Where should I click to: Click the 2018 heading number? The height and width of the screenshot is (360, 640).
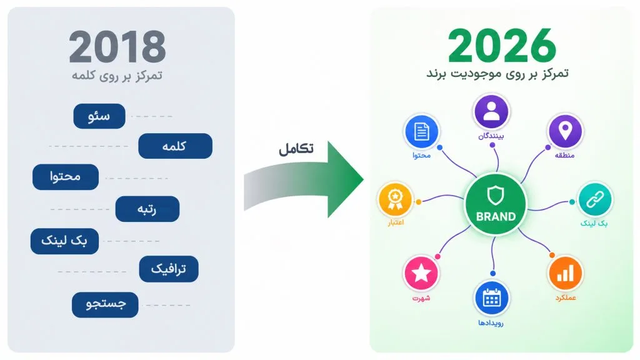(117, 47)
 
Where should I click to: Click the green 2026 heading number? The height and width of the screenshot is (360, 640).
(502, 45)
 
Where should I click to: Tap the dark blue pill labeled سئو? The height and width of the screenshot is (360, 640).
(99, 116)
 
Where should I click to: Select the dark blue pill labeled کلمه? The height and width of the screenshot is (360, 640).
(175, 146)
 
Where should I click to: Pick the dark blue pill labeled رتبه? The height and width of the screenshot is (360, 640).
(147, 209)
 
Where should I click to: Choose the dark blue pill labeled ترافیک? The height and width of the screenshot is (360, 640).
(169, 269)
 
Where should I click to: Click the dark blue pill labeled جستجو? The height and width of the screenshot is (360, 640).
(105, 304)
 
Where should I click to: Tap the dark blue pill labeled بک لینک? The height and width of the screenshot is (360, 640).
(64, 241)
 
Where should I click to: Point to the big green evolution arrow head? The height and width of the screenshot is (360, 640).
(345, 179)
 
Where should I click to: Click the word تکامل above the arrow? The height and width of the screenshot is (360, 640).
(296, 149)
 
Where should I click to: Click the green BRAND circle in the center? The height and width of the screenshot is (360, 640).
(496, 204)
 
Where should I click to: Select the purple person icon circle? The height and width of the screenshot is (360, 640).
(491, 111)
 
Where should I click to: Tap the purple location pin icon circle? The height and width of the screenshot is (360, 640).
(565, 131)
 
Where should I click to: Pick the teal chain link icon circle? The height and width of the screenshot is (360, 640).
(595, 199)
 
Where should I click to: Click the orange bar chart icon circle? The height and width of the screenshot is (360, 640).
(565, 273)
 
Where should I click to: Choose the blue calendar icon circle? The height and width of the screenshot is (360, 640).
(491, 298)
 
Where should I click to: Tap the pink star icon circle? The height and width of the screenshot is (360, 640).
(421, 273)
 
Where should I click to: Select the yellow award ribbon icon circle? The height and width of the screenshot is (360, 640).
(395, 199)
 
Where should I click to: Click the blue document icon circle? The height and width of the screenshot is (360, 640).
(421, 131)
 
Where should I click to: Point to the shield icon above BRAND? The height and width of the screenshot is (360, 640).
(496, 196)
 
